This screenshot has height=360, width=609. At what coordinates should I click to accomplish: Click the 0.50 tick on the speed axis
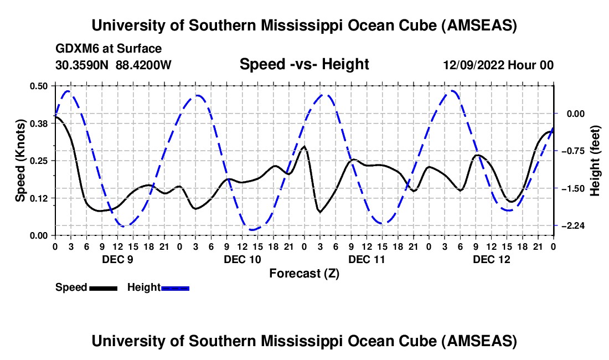point(40,86)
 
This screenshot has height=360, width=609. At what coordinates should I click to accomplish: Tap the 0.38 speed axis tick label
point(40,124)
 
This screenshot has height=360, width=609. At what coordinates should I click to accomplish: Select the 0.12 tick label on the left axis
point(40,198)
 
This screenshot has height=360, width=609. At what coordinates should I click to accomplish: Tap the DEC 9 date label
point(117,259)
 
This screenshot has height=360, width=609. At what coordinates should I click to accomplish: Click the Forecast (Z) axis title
point(304,273)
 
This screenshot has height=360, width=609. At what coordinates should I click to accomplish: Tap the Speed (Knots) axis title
point(20,160)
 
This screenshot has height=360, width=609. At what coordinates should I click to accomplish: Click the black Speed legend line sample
point(104,287)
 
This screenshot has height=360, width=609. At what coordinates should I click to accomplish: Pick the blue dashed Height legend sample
point(175,287)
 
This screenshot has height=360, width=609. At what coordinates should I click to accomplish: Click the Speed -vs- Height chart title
point(304,64)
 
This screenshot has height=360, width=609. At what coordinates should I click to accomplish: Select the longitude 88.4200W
point(143,65)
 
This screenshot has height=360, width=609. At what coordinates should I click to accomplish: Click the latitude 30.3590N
point(82,65)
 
